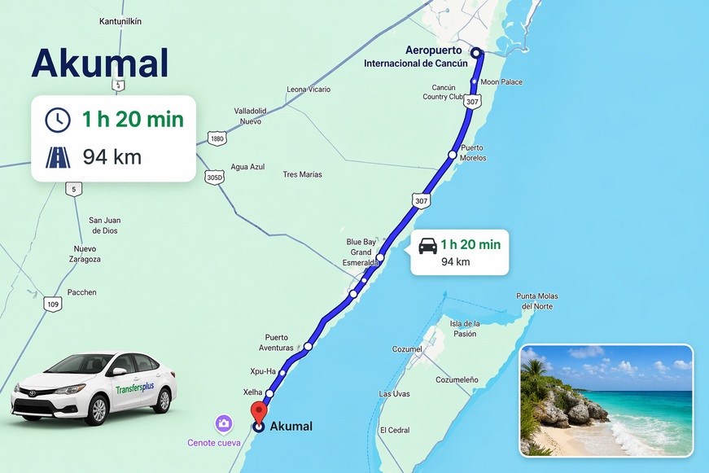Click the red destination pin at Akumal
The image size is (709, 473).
point(259,410)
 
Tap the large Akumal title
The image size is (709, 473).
point(99,64)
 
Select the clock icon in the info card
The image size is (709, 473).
point(58,120)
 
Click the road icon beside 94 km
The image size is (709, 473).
point(58,156)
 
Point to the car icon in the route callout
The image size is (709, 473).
point(427,245)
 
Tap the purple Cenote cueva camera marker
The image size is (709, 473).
point(223,423)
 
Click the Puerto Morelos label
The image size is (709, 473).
point(472,152)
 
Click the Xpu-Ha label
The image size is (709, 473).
point(262,371)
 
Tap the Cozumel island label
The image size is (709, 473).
point(407,349)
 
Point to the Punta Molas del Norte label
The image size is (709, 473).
point(536,300)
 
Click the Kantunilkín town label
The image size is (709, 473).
point(120,21)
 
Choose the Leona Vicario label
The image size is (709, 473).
point(309,90)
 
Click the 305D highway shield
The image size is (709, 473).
point(214,177)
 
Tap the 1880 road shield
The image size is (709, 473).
point(217,139)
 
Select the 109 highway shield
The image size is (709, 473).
point(53,304)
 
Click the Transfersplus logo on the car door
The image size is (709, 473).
point(135,388)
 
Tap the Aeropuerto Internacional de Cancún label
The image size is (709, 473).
point(415,56)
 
